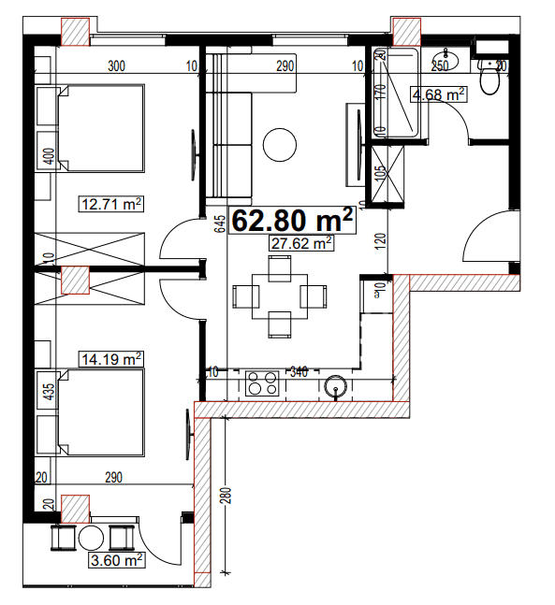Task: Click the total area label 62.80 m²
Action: (x=293, y=221)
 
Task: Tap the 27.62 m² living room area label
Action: (x=301, y=244)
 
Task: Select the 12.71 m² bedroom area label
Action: (x=111, y=203)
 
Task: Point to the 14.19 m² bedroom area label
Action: (x=111, y=357)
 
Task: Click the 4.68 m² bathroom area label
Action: (x=439, y=94)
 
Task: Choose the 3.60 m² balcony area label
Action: (x=115, y=561)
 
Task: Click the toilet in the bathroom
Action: (x=489, y=80)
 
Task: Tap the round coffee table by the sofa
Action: (x=280, y=144)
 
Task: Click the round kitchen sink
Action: (x=336, y=386)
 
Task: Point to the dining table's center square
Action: (x=279, y=296)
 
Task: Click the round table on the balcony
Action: (x=93, y=540)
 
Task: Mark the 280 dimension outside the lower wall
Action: (x=226, y=496)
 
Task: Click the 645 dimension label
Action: (x=218, y=223)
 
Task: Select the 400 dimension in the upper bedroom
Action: (x=49, y=155)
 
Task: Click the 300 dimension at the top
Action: (x=117, y=65)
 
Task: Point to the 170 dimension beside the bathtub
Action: (x=380, y=92)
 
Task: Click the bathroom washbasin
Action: (x=443, y=62)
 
